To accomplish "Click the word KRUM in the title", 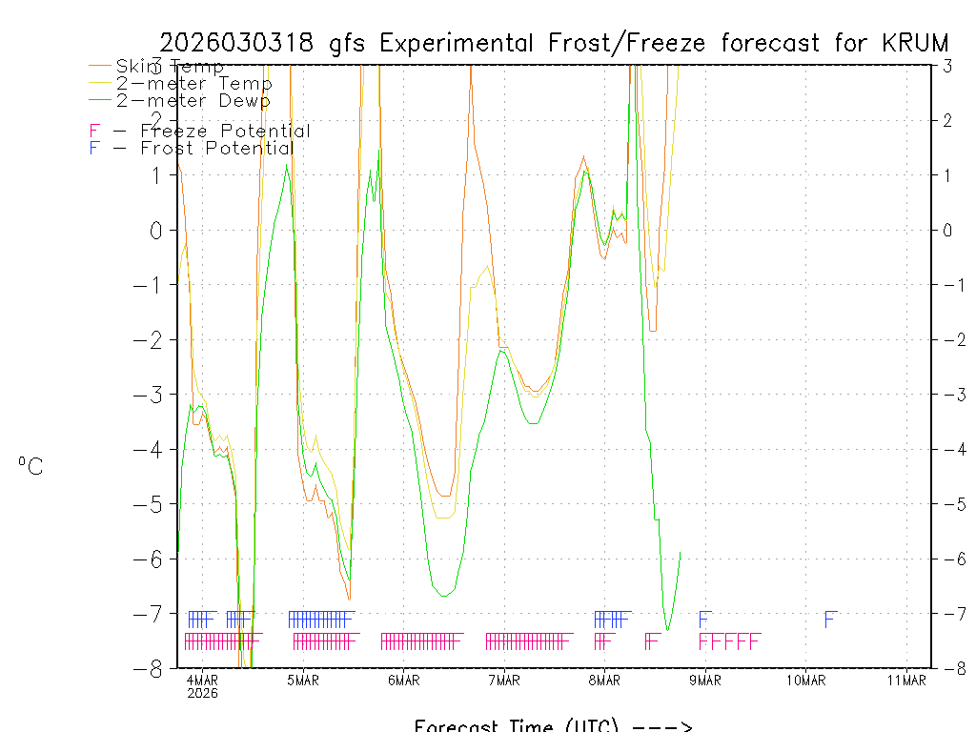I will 914,43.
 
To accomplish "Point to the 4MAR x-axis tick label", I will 202,680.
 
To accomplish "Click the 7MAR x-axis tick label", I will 504,680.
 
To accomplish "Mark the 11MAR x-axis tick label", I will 906,680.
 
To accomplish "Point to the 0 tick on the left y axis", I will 159,230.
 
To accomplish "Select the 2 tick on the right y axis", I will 947,120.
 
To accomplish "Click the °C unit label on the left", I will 30,467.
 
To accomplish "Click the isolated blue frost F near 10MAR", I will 830,619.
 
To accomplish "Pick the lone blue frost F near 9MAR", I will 705,619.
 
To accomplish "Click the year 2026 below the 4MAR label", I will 202,693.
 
